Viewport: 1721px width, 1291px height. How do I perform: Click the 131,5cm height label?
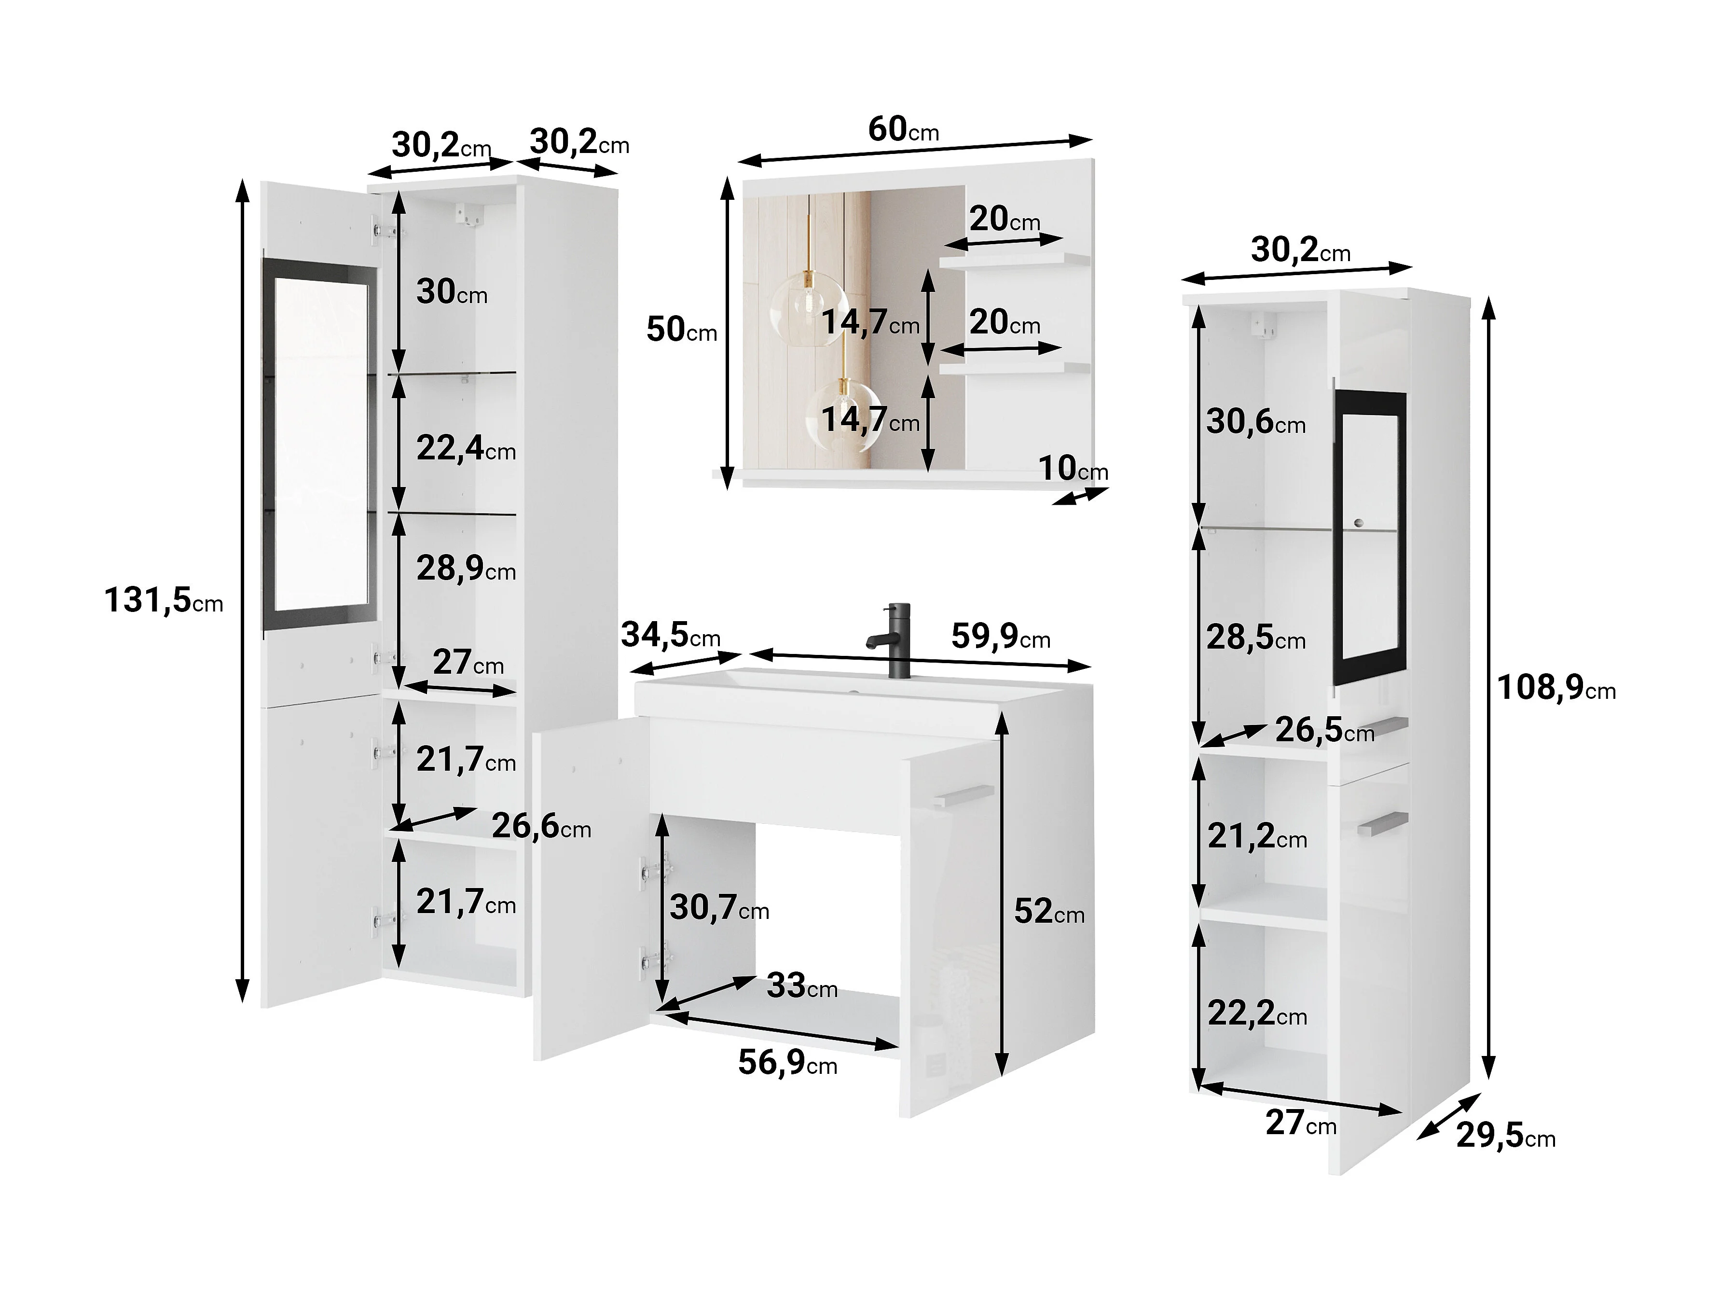click(x=164, y=600)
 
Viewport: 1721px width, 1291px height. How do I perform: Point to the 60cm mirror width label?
click(x=903, y=129)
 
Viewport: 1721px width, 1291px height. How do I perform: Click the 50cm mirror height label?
click(x=682, y=329)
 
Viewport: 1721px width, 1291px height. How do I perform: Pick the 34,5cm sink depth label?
click(x=671, y=636)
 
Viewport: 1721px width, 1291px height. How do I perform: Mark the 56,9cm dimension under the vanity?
click(x=787, y=1062)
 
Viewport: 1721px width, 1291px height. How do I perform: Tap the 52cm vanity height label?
click(x=1049, y=911)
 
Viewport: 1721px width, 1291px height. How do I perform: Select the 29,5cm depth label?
click(x=1505, y=1136)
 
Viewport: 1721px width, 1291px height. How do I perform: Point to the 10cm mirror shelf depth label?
click(x=1074, y=469)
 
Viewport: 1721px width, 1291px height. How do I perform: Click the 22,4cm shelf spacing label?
click(x=466, y=448)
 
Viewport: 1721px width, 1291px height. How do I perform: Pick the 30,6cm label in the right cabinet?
click(x=1256, y=422)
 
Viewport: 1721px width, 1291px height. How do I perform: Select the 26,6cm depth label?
click(x=541, y=826)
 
